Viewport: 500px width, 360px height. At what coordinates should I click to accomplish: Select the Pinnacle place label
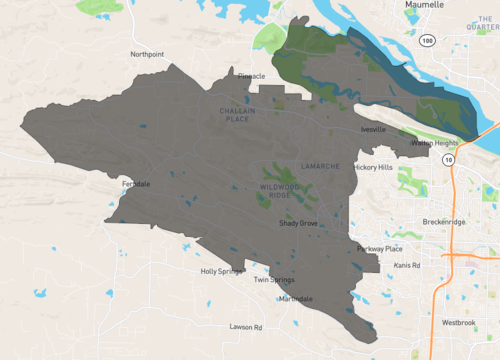(x=251, y=75)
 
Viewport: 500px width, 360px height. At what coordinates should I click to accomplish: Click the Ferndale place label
(x=135, y=184)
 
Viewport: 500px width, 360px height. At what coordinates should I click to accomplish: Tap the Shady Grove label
(x=298, y=224)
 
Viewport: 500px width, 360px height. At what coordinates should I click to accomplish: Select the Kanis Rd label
(x=407, y=265)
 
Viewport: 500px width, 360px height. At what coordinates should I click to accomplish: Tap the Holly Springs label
(x=220, y=271)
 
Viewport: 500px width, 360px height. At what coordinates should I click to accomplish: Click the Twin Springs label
(x=273, y=280)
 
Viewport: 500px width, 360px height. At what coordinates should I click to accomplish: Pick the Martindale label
(x=296, y=299)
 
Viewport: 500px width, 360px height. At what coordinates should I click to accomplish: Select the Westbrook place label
(x=458, y=323)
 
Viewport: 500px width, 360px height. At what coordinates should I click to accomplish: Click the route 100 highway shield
(x=427, y=39)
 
